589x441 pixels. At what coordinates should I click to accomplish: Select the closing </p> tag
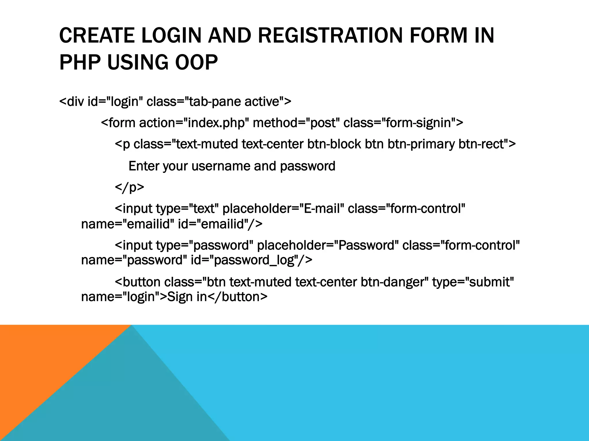tap(129, 187)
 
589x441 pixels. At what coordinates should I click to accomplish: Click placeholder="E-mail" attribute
tap(283, 209)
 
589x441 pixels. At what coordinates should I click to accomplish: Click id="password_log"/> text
tap(251, 260)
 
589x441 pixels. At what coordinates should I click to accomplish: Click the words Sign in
tap(187, 297)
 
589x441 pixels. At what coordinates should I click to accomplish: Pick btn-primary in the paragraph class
tap(421, 144)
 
